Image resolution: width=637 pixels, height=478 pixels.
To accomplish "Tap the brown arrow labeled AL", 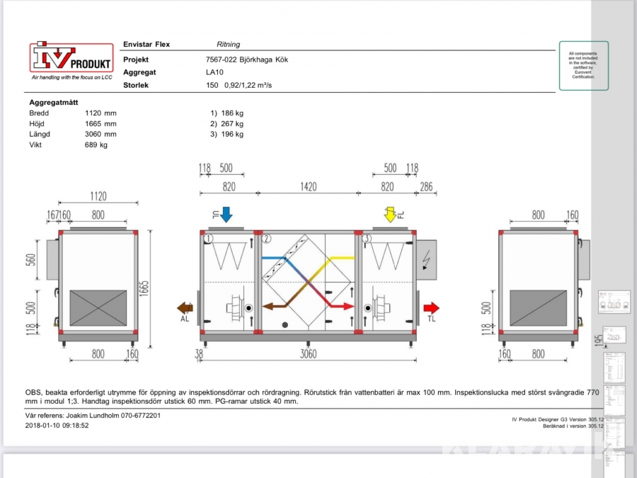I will click(x=185, y=308).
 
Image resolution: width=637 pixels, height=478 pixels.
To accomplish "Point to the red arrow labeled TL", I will click(x=431, y=308).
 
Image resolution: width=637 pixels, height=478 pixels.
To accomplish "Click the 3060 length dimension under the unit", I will click(x=308, y=353).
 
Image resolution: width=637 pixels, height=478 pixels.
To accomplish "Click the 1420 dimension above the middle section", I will click(x=308, y=186).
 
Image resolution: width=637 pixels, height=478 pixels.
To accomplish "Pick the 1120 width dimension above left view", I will click(x=97, y=196).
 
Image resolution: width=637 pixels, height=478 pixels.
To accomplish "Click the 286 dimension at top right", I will click(x=427, y=186).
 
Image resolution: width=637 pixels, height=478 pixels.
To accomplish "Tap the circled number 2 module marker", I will click(x=268, y=239).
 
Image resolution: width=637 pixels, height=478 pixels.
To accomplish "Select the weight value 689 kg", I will click(x=94, y=145).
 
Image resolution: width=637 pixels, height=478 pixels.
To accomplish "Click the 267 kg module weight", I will click(x=231, y=124).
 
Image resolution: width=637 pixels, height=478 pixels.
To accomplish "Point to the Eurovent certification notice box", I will click(x=583, y=66).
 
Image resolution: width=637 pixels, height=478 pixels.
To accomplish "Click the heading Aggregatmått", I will click(x=53, y=102).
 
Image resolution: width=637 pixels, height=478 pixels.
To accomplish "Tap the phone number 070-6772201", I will click(x=137, y=416).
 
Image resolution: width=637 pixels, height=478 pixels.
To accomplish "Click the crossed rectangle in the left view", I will click(x=98, y=309).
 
